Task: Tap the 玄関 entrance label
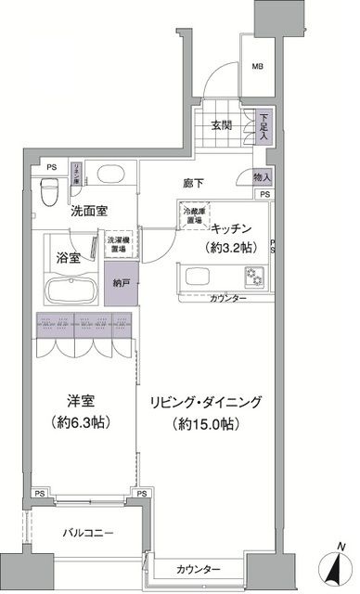coord(220,127)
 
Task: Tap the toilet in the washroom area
coord(53,188)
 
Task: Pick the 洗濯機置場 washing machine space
coord(118,244)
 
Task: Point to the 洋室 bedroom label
coord(81,401)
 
